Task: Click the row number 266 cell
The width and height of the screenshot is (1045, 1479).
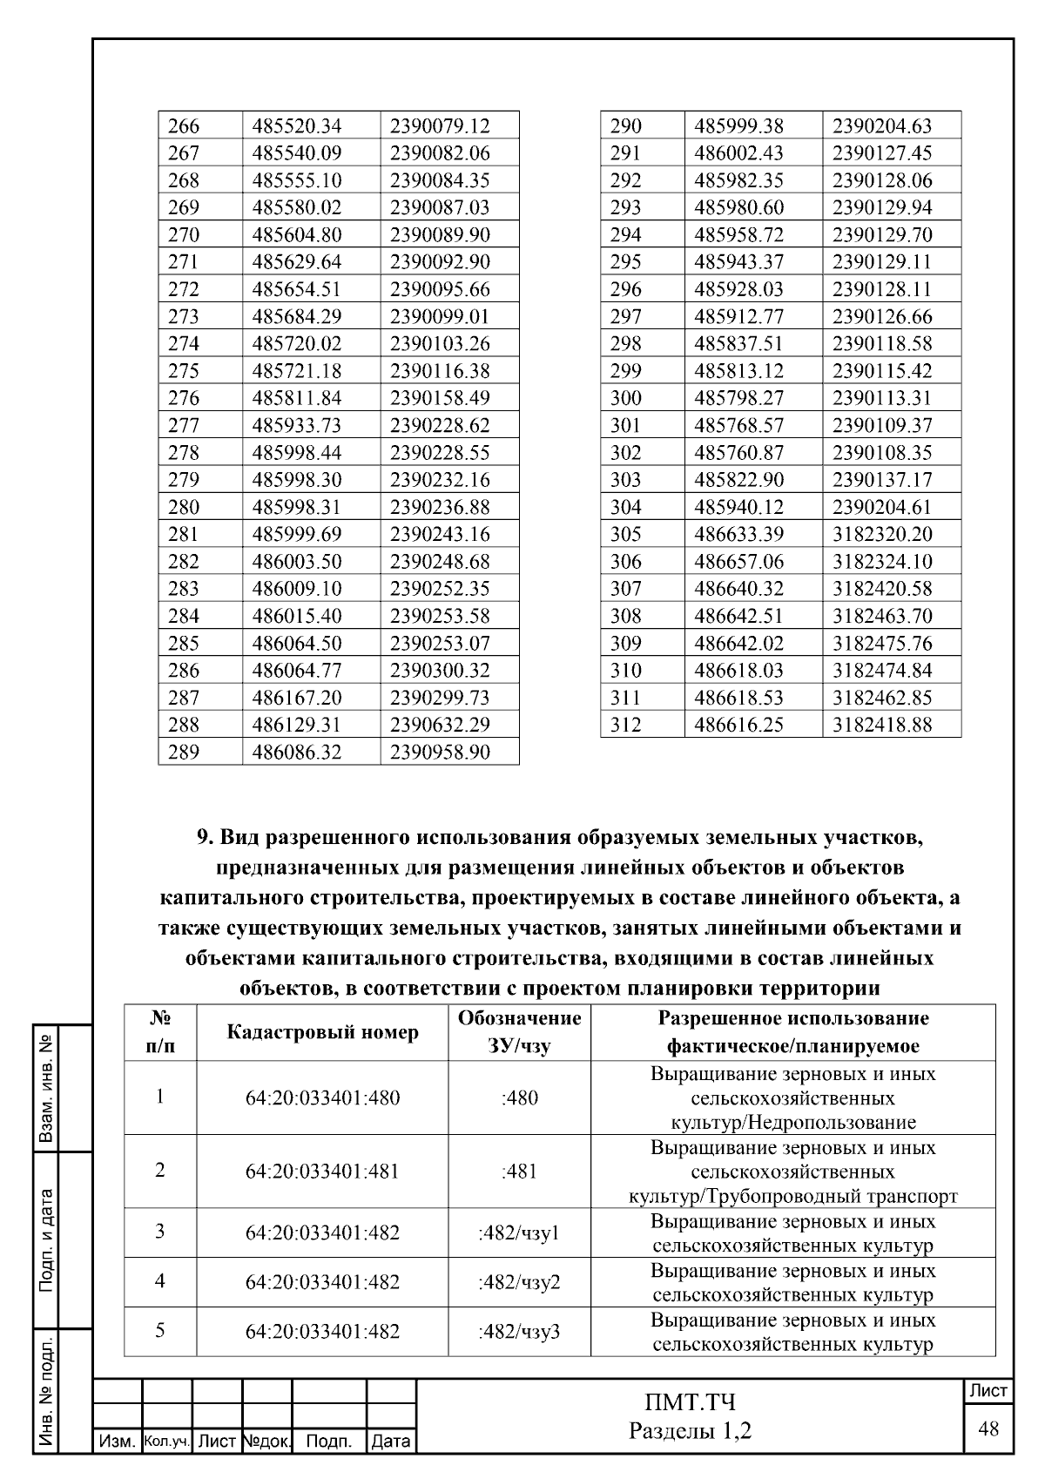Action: coord(184,125)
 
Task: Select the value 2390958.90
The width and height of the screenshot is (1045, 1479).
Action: coord(440,752)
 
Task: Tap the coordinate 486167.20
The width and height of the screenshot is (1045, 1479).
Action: coord(297,698)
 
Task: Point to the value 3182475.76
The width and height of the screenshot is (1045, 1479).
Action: coord(882,643)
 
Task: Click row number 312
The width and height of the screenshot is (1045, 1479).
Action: coord(625,725)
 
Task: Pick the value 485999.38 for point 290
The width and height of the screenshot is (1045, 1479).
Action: coord(738,125)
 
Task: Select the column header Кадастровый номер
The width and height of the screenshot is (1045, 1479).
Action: coord(322,1032)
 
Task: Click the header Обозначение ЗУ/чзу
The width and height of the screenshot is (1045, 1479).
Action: coord(519,1032)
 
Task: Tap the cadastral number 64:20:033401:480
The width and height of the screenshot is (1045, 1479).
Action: coord(322,1097)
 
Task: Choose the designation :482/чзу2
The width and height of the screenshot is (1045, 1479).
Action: coord(519,1282)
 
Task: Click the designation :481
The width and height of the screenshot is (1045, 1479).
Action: coord(519,1172)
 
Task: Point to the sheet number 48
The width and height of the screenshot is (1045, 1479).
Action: coord(988,1428)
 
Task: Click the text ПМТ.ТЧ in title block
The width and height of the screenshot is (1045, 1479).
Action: coord(690,1402)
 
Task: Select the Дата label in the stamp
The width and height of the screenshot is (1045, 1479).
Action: coord(391,1442)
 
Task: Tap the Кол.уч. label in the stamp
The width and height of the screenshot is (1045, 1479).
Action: coord(166,1442)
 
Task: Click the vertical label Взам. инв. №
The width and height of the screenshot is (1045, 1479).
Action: coord(48,1089)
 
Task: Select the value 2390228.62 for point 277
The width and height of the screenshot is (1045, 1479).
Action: coord(440,425)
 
